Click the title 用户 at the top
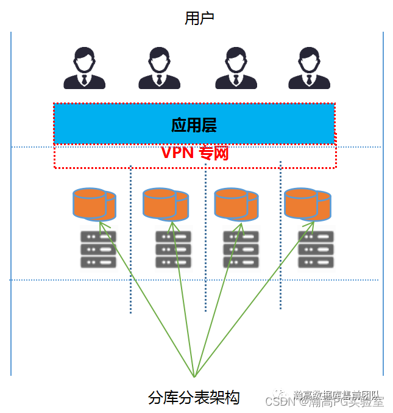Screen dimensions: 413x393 point(199,18)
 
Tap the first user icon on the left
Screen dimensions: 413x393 point(85,68)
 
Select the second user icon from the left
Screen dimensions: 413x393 point(159,68)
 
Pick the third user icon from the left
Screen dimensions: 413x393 point(236,68)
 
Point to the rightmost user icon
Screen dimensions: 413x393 point(309,68)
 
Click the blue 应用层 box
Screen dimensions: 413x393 point(194,124)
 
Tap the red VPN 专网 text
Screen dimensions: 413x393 point(194,153)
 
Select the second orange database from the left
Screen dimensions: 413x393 point(165,204)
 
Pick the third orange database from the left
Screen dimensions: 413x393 point(236,204)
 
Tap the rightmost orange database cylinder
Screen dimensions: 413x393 point(307,203)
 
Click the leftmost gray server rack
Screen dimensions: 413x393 point(98,250)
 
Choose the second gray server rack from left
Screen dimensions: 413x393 point(173,250)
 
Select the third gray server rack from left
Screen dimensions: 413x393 point(241,250)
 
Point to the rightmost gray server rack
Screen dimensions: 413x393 point(316,250)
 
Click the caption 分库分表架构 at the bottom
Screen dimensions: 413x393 point(194,398)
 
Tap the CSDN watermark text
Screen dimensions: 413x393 point(281,401)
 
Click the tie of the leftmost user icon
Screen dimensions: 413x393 point(85,79)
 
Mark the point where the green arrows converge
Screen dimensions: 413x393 point(194,376)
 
